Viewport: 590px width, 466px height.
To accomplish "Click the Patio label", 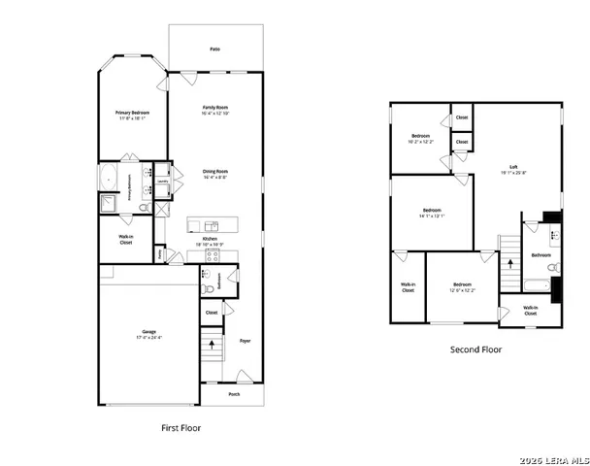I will point(214,49).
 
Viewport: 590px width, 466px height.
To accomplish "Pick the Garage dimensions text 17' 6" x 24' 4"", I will point(149,338).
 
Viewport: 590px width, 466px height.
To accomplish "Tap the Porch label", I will point(234,394).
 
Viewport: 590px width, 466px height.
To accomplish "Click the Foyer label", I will point(245,341).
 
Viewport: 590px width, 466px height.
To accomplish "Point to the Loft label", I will point(513,168).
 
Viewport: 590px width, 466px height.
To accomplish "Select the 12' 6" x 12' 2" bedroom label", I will point(462,286).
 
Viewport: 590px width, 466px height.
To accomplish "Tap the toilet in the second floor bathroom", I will point(551,265).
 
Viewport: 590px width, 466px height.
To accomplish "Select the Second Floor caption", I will point(475,349).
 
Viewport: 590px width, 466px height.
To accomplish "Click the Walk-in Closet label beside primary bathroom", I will point(126,240).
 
